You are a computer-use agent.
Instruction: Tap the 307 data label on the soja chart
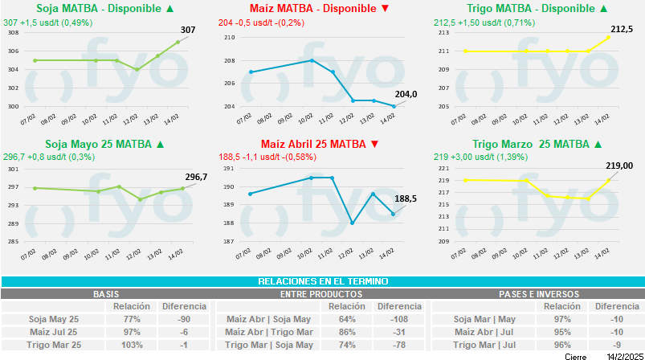187,30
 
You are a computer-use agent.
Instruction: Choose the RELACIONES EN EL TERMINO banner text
322,281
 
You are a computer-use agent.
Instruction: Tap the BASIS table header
107,294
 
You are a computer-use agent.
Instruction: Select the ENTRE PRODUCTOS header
321,294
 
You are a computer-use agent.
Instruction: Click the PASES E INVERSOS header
537,294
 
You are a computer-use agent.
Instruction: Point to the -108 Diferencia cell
399,319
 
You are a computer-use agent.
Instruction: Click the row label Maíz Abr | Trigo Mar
267,332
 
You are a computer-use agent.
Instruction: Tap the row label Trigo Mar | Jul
486,345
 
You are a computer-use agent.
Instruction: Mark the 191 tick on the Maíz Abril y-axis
228,169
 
